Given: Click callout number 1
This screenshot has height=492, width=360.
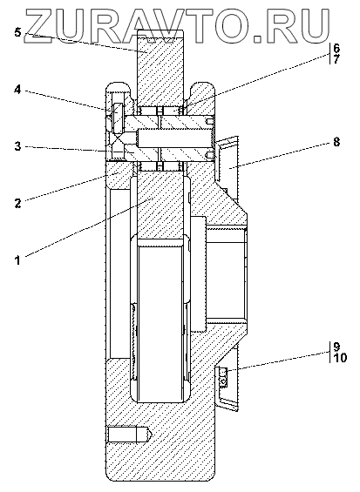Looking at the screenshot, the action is click(x=18, y=260).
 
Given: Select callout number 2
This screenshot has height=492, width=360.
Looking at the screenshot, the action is click(x=17, y=203).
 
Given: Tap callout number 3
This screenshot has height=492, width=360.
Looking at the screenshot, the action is click(x=18, y=146).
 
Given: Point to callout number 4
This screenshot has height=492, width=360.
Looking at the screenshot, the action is click(x=17, y=90).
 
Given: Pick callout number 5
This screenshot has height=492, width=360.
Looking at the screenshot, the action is click(x=18, y=32).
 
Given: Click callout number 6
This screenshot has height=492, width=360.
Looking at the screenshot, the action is click(x=336, y=48).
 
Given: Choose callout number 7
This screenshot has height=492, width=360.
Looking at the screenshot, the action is click(x=336, y=58).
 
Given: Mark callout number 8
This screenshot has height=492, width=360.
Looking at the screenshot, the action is click(x=336, y=142).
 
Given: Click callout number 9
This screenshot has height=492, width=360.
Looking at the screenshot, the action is click(x=336, y=347).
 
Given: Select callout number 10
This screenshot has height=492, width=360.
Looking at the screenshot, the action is click(x=340, y=357).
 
